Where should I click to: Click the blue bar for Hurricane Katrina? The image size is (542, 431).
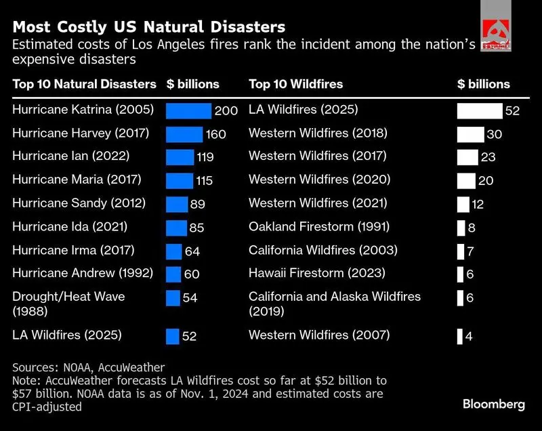[188, 111]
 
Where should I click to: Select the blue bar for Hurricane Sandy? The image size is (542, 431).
[177, 204]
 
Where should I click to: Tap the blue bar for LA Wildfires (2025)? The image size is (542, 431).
[173, 336]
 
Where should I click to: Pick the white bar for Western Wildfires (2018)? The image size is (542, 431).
[470, 134]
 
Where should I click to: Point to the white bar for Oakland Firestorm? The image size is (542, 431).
[461, 228]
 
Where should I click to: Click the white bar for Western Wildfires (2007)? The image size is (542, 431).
[460, 336]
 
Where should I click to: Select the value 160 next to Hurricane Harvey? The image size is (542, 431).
[216, 134]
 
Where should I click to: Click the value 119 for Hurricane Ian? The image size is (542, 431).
[205, 157]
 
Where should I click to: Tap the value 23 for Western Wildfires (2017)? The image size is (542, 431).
[488, 157]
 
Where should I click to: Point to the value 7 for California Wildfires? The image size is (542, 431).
[470, 251]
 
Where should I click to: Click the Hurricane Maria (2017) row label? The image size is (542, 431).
[77, 180]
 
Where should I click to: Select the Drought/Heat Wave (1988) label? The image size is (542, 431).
[68, 304]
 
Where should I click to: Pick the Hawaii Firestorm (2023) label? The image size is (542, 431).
[317, 273]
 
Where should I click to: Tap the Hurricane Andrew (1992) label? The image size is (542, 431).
[83, 273]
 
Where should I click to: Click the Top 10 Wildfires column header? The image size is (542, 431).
[296, 84]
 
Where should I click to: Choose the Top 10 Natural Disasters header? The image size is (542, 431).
[84, 84]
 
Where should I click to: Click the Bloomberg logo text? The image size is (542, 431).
[494, 404]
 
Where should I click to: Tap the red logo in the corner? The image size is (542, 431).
[496, 32]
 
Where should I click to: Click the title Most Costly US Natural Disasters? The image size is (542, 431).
[149, 27]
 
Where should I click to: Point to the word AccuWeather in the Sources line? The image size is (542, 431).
[131, 367]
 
